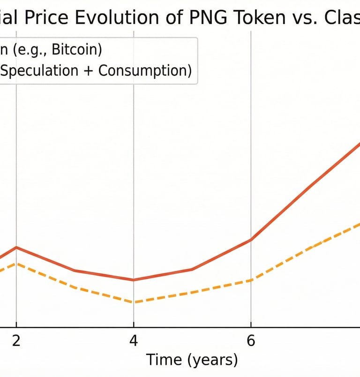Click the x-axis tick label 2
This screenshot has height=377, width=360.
16,341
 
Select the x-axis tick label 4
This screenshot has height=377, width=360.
134,341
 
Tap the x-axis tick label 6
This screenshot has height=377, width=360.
251,341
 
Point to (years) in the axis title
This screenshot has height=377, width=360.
213,361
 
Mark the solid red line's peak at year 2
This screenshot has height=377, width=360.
16,247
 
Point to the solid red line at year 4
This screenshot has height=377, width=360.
134,280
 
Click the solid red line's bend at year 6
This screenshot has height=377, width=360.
251,240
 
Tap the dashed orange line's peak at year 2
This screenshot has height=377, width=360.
16,264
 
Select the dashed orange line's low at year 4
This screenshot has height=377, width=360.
134,302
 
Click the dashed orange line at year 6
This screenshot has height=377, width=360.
251,280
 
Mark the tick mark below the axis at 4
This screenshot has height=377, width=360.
134,330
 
